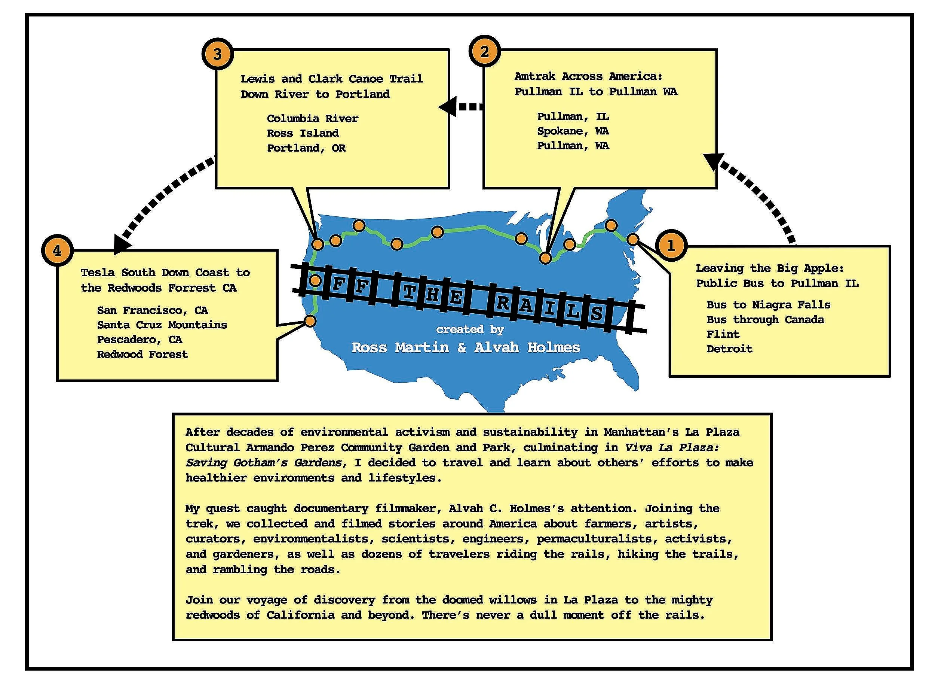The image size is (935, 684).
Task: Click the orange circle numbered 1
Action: pos(671,246)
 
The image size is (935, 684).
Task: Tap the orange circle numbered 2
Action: pos(484,52)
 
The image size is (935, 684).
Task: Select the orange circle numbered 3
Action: pos(218,54)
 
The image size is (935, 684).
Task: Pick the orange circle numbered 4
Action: pos(57,251)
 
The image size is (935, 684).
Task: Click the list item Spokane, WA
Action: pos(573,131)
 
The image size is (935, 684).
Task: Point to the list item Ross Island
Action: pos(303,133)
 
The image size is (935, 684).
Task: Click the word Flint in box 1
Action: pos(723,334)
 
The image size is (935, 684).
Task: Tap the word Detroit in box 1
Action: pos(729,349)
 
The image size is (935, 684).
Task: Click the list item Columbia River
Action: pos(312,119)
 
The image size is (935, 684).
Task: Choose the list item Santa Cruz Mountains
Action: pos(162,325)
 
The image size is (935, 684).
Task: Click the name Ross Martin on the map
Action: pos(400,347)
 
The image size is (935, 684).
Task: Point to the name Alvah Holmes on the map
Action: pos(527,347)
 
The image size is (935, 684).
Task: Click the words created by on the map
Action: pos(470,329)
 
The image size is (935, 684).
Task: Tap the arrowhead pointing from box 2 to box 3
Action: pos(447,107)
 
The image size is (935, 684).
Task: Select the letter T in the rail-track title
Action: pos(409,293)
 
